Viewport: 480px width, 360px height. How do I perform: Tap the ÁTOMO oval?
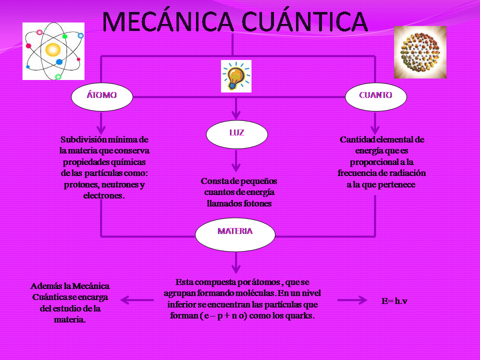tap(102, 95)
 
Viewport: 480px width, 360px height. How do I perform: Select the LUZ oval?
tap(236, 133)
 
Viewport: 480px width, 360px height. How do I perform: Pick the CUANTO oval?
tap(375, 95)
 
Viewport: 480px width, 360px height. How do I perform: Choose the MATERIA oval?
tap(235, 231)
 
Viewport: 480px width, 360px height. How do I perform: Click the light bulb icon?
tap(236, 76)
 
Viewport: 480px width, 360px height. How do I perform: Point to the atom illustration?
tap(53, 51)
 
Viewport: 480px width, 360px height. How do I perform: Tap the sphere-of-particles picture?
tap(419, 52)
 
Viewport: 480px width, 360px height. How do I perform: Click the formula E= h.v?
tap(394, 301)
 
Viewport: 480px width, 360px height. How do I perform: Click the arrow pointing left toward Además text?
tap(136, 300)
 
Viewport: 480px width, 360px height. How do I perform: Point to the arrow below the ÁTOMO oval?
tap(102, 122)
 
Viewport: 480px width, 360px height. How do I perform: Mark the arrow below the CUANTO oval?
tap(375, 122)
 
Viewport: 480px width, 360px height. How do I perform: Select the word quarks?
tap(299, 316)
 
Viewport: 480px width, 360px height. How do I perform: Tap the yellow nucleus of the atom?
tap(52, 49)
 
